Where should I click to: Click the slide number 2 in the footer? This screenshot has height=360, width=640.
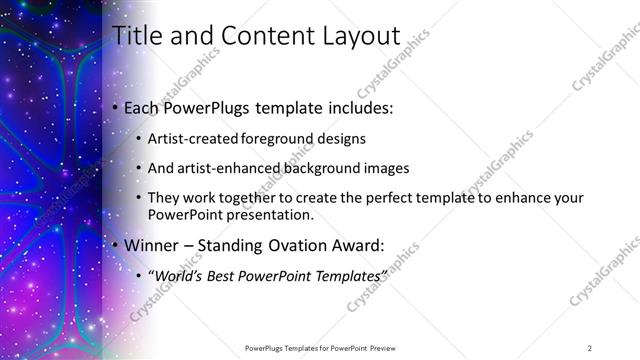click(590, 348)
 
